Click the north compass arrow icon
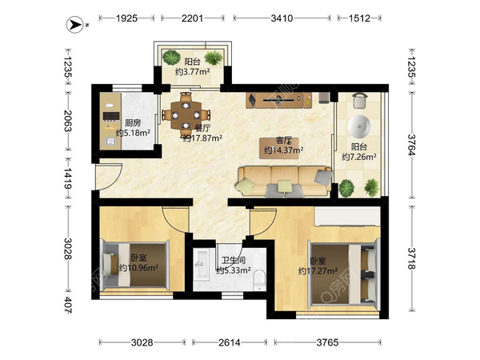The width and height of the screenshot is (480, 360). (74, 25)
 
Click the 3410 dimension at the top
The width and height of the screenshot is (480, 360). (282, 18)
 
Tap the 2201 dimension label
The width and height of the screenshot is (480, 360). (192, 18)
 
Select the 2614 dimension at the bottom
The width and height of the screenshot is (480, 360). (230, 342)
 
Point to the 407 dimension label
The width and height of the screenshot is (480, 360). (68, 305)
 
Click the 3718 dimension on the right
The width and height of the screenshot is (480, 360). (412, 258)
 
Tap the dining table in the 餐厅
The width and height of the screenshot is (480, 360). (186, 115)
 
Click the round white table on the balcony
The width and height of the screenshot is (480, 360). (359, 126)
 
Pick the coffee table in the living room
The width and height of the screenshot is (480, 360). (279, 148)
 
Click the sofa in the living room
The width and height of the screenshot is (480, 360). (284, 181)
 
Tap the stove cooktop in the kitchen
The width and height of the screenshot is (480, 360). (111, 116)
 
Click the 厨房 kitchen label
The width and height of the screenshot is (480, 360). (133, 122)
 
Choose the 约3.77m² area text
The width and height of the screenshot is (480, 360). (192, 72)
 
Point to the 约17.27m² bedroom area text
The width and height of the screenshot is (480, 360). (318, 271)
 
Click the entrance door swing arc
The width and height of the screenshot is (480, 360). (114, 178)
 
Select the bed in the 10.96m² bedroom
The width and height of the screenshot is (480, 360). (135, 265)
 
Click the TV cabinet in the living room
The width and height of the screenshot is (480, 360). (279, 100)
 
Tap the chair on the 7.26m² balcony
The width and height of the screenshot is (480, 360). (360, 101)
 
